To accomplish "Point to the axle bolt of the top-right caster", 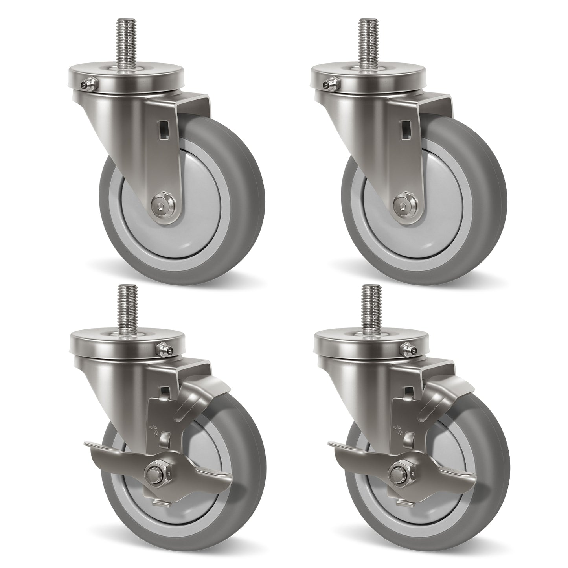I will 404,203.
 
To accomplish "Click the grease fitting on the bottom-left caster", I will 163,349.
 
